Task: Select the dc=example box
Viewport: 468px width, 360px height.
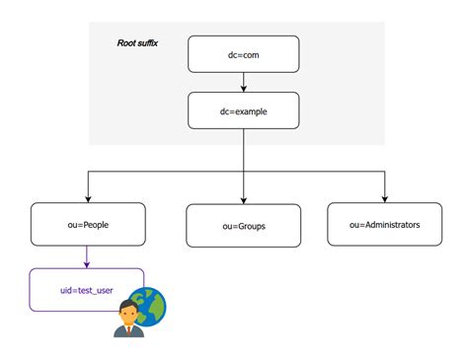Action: click(243, 110)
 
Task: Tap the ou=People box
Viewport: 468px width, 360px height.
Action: click(88, 224)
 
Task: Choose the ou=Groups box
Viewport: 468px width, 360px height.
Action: click(243, 226)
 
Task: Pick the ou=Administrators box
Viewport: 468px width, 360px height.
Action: click(384, 224)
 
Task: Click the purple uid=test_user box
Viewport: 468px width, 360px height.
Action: click(88, 290)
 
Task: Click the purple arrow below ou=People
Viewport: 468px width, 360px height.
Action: click(88, 256)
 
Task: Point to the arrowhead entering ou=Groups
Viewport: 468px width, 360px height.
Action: click(243, 199)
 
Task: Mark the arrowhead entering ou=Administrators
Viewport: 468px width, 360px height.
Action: click(384, 197)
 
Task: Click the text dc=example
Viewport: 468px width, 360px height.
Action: click(243, 111)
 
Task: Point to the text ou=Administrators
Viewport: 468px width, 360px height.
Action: click(384, 225)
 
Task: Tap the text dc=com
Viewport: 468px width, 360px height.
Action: click(243, 54)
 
